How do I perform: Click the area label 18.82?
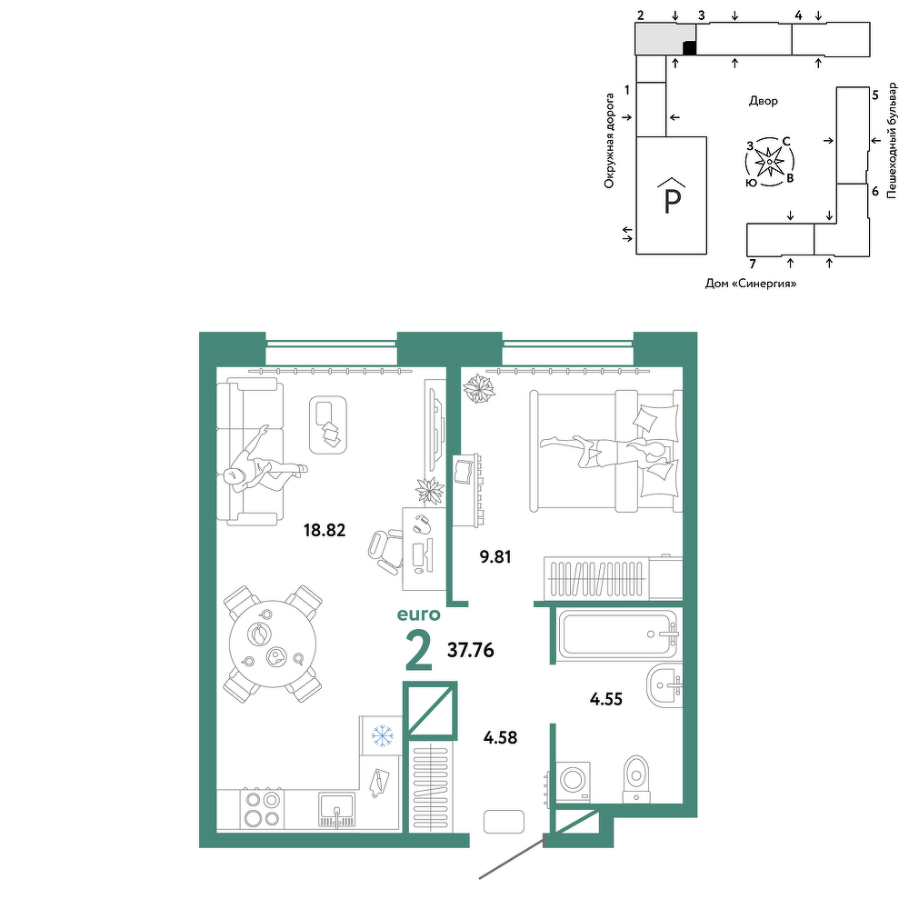(325, 530)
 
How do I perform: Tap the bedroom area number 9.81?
(495, 557)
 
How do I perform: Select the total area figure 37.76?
(471, 651)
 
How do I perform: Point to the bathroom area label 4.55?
(605, 699)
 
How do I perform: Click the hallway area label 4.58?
(500, 738)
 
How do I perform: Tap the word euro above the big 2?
(418, 614)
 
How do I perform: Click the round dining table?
(273, 644)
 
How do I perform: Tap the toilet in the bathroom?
(636, 779)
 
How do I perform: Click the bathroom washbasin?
(664, 686)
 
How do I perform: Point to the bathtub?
(618, 634)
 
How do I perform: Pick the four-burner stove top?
(262, 808)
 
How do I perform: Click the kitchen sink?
(336, 810)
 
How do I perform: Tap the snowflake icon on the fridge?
(382, 736)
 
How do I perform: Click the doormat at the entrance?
(504, 822)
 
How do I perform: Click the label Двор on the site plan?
(764, 101)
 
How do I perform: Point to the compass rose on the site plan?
(769, 162)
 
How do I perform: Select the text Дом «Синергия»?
(751, 284)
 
